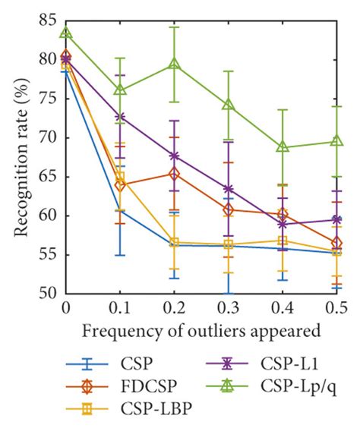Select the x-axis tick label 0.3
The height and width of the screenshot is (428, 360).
tap(228, 307)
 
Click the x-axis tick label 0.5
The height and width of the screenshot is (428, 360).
tap(337, 307)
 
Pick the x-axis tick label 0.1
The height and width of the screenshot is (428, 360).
tap(119, 307)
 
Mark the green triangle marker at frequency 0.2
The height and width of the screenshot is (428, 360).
tap(174, 65)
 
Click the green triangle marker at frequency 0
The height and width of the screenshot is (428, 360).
tap(66, 33)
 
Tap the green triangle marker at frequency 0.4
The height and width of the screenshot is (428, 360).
tap(283, 146)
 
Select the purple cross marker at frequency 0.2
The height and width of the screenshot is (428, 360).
tap(174, 156)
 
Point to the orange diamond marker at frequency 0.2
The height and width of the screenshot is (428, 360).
tap(174, 174)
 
